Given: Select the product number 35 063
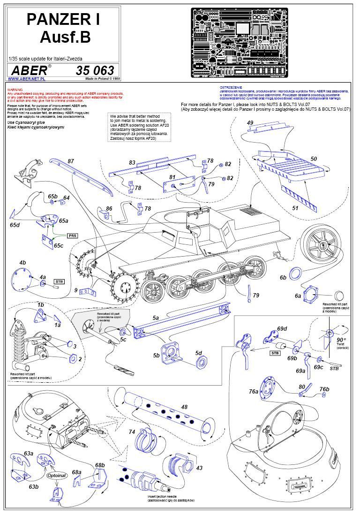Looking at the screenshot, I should coord(95,70).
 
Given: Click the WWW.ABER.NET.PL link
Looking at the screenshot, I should coord(23,79).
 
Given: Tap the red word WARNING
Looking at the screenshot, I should coord(15,88).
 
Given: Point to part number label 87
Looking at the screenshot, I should coord(71,161).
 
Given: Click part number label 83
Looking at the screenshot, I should coord(132,162).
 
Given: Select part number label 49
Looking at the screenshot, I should coord(250,123).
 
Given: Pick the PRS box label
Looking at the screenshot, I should coord(72,235).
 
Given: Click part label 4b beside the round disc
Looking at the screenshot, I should coord(22,262).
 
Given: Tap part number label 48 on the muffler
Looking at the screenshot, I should coord(184,407).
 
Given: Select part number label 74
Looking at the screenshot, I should coord(132,432).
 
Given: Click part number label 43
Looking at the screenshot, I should coord(199,468).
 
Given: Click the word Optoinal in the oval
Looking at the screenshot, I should coord(57,475).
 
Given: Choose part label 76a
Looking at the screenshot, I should coord(254,391).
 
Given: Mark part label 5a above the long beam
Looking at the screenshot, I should coord(156,318).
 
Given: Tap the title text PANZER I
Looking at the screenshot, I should coord(63,19).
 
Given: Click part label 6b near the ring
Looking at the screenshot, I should coord(283,278).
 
